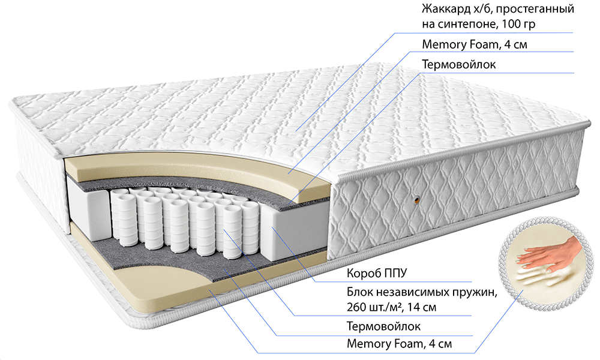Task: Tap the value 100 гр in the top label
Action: [x=518, y=24]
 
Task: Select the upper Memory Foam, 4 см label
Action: [x=475, y=44]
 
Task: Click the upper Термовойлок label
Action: [x=459, y=64]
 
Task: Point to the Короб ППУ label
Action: [x=377, y=273]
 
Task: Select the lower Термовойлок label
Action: [x=383, y=326]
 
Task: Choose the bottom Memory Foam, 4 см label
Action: [x=399, y=344]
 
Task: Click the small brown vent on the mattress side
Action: [x=416, y=199]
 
